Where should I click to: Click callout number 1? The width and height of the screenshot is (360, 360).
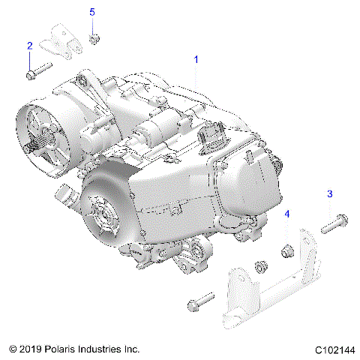pos(196,58)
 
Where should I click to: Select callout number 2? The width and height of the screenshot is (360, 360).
pos(29,46)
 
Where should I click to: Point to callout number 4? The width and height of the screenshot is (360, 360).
pos(286,214)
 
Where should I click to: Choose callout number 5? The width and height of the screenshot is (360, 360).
pos(92,12)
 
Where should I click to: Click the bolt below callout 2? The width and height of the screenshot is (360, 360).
pos(37,73)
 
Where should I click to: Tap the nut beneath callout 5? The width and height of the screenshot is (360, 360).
pos(93,37)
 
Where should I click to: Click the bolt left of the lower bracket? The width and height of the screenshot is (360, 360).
pos(200,304)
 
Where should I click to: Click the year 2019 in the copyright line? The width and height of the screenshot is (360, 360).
pos(29,349)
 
